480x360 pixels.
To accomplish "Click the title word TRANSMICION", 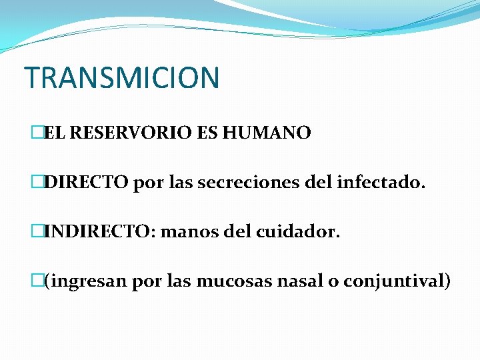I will [121, 77].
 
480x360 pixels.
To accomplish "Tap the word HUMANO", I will [267, 133].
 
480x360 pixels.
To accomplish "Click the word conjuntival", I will [397, 282].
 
